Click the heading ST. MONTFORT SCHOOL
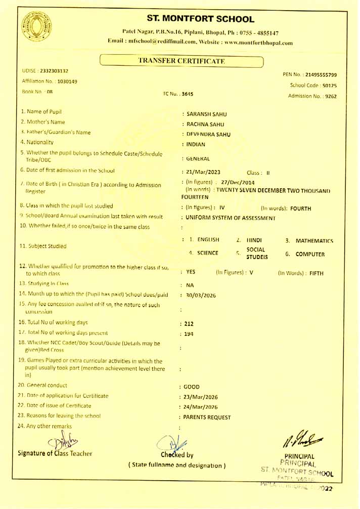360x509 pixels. pyautogui.click(x=200, y=19)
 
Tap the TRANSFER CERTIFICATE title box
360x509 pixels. pyautogui.click(x=182, y=61)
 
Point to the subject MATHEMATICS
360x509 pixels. pyautogui.click(x=314, y=241)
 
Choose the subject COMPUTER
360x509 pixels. pyautogui.click(x=310, y=254)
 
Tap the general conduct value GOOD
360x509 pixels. pyautogui.click(x=192, y=387)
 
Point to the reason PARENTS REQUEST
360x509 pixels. pyautogui.click(x=207, y=417)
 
